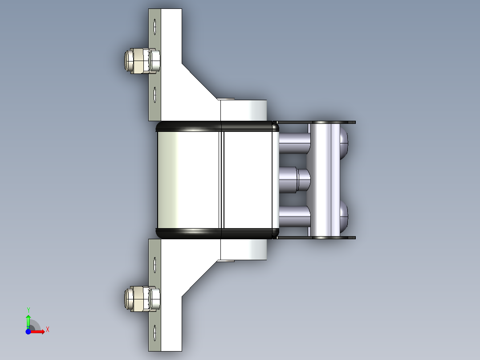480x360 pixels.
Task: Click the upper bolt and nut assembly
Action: (x=142, y=61)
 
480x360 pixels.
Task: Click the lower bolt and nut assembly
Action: (x=142, y=299)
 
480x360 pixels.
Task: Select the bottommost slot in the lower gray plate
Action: (x=155, y=334)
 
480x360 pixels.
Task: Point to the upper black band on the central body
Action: (x=217, y=126)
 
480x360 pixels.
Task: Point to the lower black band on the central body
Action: (x=217, y=232)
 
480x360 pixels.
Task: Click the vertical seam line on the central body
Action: (x=222, y=178)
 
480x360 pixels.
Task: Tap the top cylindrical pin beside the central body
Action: (x=294, y=143)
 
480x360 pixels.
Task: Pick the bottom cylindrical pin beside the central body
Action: (x=294, y=217)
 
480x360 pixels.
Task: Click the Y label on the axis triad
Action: (x=28, y=309)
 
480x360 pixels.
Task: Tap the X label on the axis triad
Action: (x=48, y=329)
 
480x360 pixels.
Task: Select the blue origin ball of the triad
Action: (x=28, y=331)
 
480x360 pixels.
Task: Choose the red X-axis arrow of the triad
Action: (x=38, y=331)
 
